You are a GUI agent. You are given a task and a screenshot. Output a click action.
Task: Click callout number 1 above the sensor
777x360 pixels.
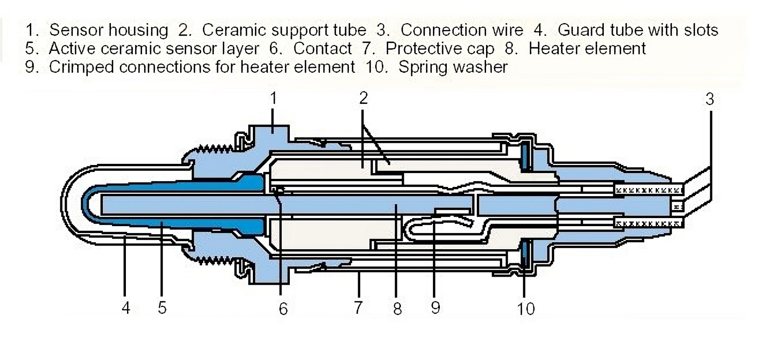[274, 98]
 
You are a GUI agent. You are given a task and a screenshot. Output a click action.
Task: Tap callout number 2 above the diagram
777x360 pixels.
[363, 98]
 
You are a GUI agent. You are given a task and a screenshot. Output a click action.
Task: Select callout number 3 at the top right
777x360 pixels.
[710, 100]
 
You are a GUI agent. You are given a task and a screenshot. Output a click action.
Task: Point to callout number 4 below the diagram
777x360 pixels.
[126, 308]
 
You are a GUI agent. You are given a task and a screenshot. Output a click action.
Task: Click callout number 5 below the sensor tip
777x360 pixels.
[162, 308]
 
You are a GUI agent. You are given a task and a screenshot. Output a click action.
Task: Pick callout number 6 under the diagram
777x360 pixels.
[283, 309]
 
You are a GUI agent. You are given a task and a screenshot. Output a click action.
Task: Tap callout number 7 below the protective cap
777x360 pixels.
[358, 308]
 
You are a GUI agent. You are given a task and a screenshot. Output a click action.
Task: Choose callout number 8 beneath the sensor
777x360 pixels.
[397, 309]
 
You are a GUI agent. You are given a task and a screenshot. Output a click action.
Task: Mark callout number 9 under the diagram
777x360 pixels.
[435, 308]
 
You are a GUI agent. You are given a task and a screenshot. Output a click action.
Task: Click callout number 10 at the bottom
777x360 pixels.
[526, 309]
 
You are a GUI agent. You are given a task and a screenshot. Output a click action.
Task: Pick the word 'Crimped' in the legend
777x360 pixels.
[81, 67]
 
